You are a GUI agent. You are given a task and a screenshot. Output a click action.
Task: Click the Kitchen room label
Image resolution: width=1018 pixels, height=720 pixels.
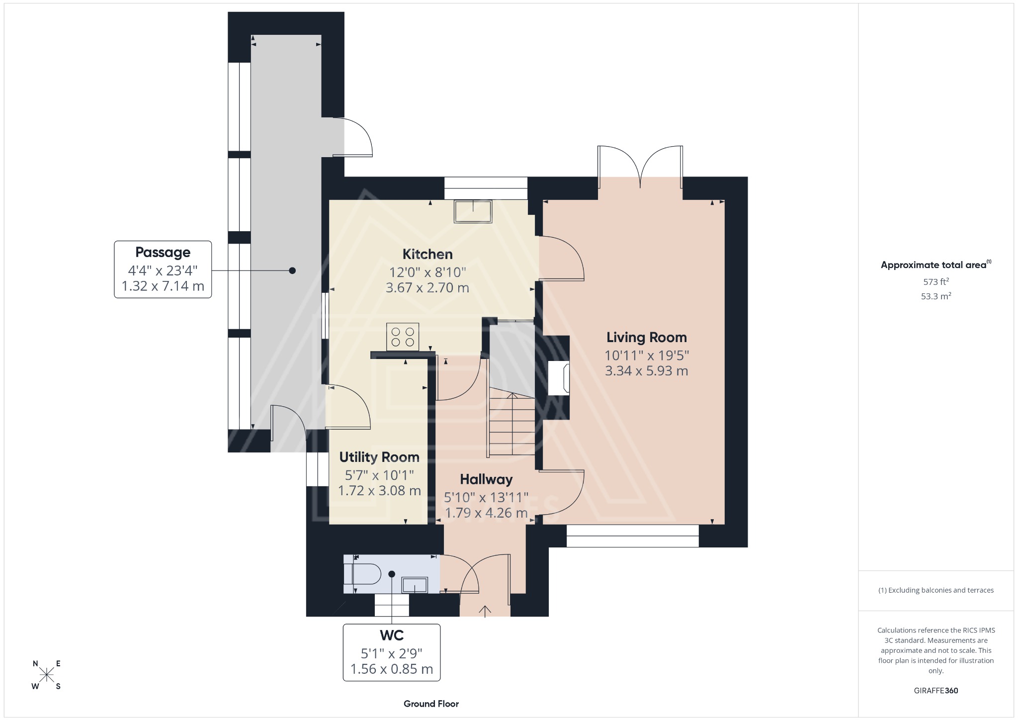427,255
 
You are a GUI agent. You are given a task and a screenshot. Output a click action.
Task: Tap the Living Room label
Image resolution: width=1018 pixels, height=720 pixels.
646,338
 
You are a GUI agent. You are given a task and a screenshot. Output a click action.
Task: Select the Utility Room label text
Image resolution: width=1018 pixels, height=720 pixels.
379,457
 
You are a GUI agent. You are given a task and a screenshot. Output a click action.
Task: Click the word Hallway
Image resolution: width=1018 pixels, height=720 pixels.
486,480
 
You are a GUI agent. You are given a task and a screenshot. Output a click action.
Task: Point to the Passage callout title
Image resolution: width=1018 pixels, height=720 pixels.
163,253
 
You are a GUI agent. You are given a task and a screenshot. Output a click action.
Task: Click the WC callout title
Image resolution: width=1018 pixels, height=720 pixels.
392,635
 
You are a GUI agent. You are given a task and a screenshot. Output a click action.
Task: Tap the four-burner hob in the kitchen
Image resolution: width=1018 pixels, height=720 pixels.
403,337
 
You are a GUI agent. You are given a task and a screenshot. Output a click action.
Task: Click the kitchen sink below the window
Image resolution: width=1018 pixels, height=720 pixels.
473,211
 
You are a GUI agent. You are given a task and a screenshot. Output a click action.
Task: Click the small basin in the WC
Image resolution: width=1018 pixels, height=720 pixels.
415,585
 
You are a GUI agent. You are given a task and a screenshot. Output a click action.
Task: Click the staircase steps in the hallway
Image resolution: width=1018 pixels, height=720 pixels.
512,428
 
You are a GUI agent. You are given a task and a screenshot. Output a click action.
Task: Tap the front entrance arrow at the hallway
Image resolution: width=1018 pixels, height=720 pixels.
485,611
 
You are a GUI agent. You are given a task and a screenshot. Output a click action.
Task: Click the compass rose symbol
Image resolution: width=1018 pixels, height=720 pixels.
47,675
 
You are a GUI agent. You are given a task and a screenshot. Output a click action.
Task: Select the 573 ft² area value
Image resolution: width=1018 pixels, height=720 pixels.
936,282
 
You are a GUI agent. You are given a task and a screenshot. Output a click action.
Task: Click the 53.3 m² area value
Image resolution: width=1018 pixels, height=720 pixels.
936,296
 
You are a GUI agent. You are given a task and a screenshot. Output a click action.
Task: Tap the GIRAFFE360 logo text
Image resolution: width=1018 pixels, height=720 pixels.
936,691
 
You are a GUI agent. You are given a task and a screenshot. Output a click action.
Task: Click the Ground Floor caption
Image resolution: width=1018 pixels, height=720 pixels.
431,704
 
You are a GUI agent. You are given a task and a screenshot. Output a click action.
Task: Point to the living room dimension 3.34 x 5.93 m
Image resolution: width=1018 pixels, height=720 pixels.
646,371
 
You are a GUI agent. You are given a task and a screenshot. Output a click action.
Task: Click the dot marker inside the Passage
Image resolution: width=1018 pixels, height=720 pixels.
292,270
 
